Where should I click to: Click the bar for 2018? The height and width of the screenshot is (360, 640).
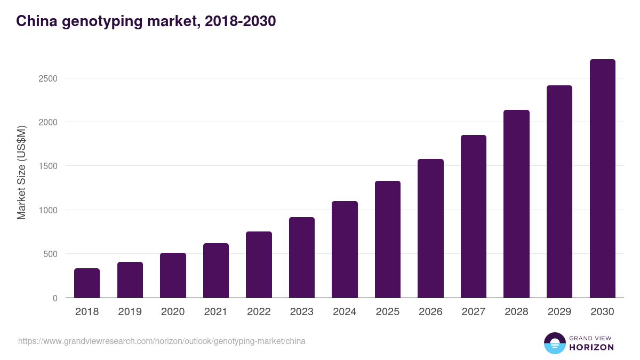coord(87,283)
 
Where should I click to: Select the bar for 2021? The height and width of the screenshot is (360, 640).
coord(216,270)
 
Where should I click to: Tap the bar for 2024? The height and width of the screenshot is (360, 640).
coord(345,250)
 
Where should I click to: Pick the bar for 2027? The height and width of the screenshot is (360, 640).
coord(474,217)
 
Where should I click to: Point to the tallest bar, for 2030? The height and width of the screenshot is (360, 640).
coord(602,179)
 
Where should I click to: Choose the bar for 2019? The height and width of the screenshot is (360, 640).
coord(130,280)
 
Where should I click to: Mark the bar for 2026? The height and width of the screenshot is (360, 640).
coord(430,228)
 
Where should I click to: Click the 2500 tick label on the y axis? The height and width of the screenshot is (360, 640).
coord(47,78)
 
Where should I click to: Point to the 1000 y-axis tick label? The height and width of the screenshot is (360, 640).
coord(47,210)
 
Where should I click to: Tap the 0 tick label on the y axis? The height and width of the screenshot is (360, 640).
coord(55,298)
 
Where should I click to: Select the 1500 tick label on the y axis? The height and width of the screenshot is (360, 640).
coord(47,166)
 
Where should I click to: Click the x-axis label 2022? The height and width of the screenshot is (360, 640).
coord(259,312)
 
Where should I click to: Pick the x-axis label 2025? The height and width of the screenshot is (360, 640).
coord(388,312)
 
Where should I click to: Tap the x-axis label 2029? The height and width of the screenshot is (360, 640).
coord(559,312)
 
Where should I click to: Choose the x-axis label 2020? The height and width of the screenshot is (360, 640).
coord(173,312)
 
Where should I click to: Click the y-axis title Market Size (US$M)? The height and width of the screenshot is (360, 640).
coord(21,172)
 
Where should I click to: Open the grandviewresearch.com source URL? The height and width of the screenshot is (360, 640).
coord(162,341)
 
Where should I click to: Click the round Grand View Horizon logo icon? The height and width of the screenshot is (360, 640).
coord(555,343)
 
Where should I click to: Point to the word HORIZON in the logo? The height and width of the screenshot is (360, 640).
coord(591,347)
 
